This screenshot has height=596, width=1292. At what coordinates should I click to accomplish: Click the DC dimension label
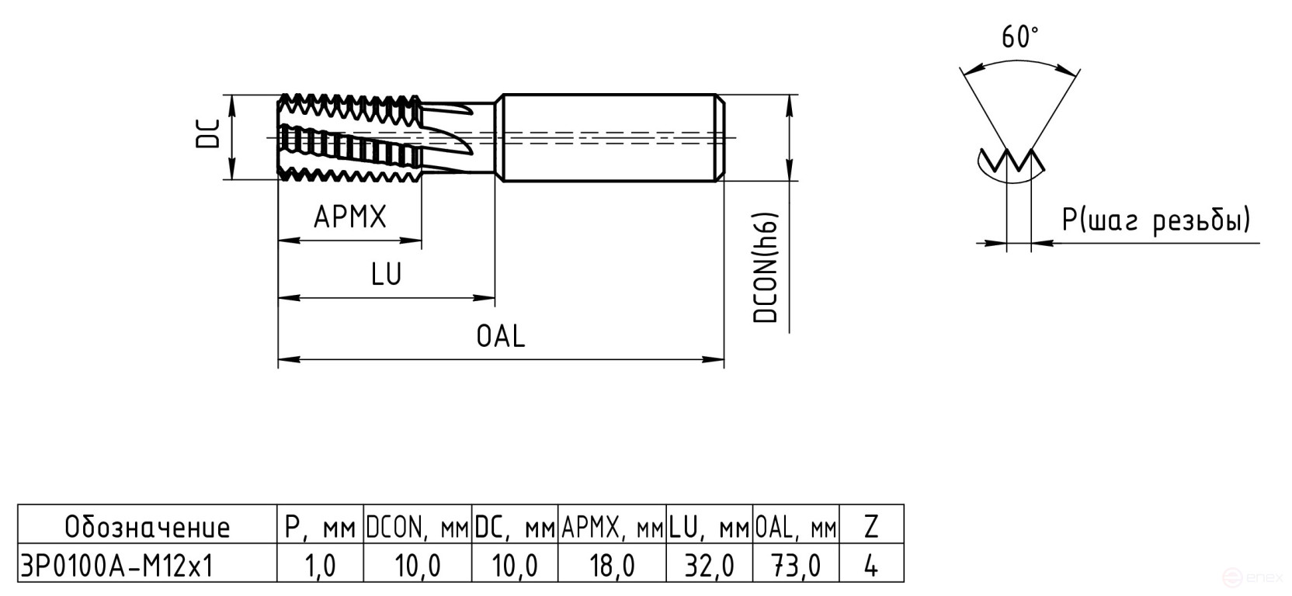click(x=209, y=133)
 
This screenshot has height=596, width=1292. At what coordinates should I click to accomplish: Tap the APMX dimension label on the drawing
click(x=349, y=217)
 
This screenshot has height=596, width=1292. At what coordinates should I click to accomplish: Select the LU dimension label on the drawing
click(x=386, y=275)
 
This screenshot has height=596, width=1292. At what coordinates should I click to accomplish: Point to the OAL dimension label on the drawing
click(x=501, y=337)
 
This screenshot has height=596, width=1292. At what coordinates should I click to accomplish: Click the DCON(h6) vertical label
click(x=766, y=267)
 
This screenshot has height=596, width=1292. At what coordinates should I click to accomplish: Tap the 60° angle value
click(x=1019, y=36)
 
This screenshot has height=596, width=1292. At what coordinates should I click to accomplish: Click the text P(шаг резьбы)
click(x=1156, y=221)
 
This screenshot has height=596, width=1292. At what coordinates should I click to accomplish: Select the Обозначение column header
click(x=148, y=528)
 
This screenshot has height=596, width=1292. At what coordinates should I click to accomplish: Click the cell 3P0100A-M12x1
click(x=116, y=566)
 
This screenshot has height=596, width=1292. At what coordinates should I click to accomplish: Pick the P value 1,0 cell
click(x=320, y=566)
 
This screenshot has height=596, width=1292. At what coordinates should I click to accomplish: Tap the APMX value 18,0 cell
click(x=612, y=566)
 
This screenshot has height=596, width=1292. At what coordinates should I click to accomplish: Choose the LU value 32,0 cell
click(x=709, y=566)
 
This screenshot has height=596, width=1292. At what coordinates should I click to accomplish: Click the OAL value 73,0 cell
click(x=796, y=566)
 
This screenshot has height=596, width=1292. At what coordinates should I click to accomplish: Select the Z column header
click(x=871, y=528)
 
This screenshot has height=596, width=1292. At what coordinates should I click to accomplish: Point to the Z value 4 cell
click(x=871, y=566)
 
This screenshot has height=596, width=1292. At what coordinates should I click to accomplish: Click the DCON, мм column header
click(x=417, y=528)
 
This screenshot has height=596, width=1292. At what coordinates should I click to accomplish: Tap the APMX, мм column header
click(x=612, y=528)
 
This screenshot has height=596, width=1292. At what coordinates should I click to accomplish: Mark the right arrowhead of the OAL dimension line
click(x=716, y=359)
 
